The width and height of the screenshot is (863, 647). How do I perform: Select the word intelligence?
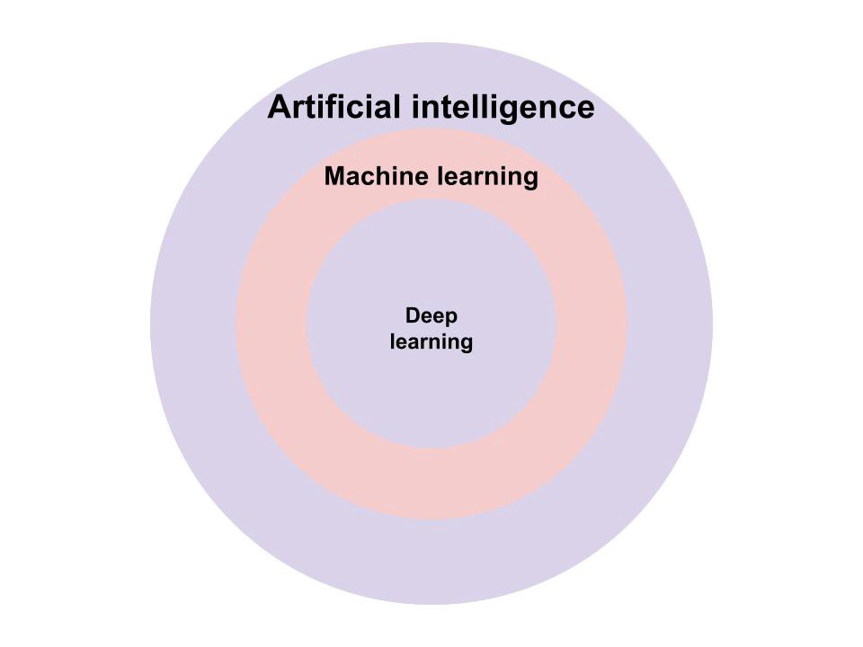click(x=503, y=108)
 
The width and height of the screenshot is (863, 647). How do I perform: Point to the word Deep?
click(x=431, y=316)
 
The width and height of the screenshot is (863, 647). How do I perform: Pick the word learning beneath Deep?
click(x=431, y=342)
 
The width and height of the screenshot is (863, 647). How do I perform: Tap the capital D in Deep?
click(x=413, y=316)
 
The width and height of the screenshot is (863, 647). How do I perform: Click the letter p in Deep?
click(x=451, y=318)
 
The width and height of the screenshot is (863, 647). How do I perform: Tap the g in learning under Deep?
click(x=466, y=344)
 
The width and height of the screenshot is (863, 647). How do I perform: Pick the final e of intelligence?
click(x=584, y=110)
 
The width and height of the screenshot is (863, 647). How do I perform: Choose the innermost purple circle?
click(x=431, y=395)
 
